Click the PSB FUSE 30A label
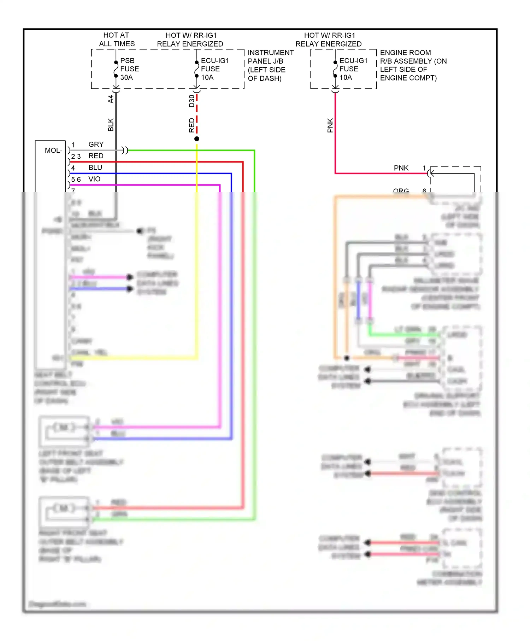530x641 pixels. [x=129, y=69]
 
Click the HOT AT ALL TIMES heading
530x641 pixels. [x=117, y=40]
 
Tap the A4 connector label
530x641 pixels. [x=111, y=99]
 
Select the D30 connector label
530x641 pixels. [x=192, y=101]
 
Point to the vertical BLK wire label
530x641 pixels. [x=111, y=125]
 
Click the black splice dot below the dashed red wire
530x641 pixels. [x=197, y=139]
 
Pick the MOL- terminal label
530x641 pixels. [x=53, y=151]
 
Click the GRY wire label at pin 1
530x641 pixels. [x=96, y=145]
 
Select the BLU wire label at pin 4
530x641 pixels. [x=95, y=167]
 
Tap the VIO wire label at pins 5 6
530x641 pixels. [x=94, y=179]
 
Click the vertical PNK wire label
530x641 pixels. [x=330, y=125]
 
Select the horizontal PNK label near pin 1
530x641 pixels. [x=401, y=168]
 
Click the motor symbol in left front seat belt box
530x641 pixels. [x=64, y=428]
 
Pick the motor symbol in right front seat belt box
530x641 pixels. [x=64, y=508]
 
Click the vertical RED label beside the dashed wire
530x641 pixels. [x=192, y=125]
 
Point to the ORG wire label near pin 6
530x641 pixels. [x=401, y=191]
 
